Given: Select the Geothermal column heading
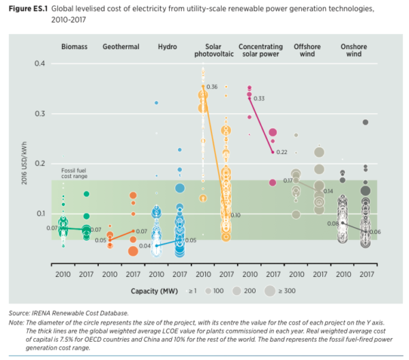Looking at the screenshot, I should pos(121,47).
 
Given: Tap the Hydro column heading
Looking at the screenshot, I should pos(168,47).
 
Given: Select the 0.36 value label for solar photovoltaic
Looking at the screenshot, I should pos(211,87).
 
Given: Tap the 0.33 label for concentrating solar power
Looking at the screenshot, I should pos(259,99).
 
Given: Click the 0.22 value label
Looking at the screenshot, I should pos(282,152).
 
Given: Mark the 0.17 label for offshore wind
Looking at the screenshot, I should pos(288,181).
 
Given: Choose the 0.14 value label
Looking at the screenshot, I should pos(328,191).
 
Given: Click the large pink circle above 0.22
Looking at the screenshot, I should pos(273,133).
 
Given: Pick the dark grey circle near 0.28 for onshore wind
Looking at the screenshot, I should pos(365,122).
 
